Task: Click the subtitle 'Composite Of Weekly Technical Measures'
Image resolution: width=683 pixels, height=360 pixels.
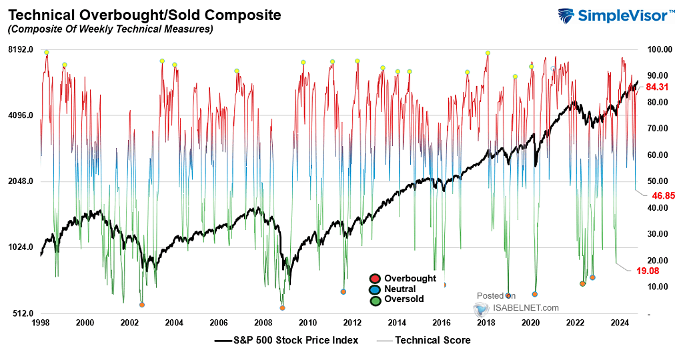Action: [x=110, y=29]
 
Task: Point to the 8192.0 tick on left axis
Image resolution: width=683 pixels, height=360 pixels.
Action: [x=21, y=50]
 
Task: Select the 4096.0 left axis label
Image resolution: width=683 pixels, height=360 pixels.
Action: [x=21, y=115]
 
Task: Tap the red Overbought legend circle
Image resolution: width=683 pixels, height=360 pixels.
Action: [x=375, y=279]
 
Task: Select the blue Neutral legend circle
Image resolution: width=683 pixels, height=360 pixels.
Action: [x=375, y=289]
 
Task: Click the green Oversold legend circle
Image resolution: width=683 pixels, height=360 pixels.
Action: [x=375, y=300]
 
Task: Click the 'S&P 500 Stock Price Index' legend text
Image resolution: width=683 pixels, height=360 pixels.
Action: [x=295, y=341]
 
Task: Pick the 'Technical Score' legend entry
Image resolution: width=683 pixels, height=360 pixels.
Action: [x=433, y=341]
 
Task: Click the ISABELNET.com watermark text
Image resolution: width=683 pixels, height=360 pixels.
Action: [x=526, y=308]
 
